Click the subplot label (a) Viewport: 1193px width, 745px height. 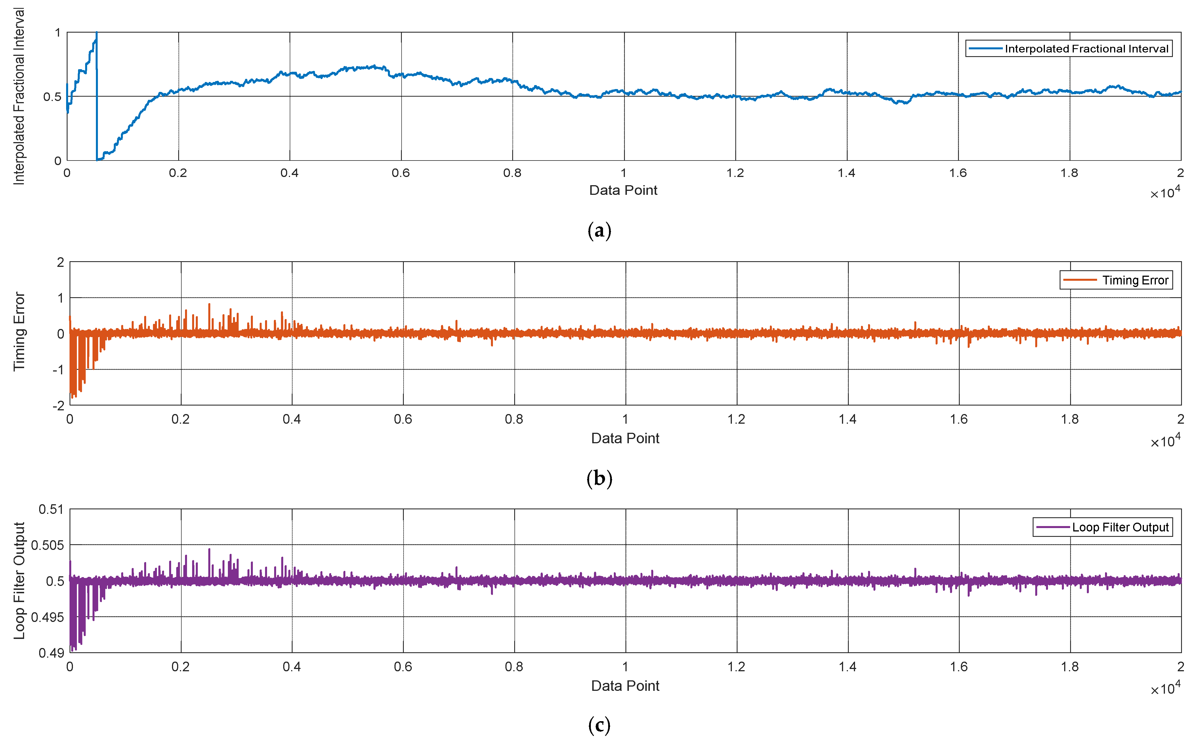coord(599,230)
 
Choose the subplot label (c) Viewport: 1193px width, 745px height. coord(599,725)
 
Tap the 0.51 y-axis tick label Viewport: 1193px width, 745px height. coord(51,509)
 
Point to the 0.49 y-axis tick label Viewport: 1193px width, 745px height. coord(51,653)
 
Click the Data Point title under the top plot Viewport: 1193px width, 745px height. coord(623,190)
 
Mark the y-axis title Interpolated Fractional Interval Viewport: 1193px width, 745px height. coord(19,96)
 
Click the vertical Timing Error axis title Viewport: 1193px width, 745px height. coord(19,332)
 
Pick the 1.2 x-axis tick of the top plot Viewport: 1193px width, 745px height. coord(735,173)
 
